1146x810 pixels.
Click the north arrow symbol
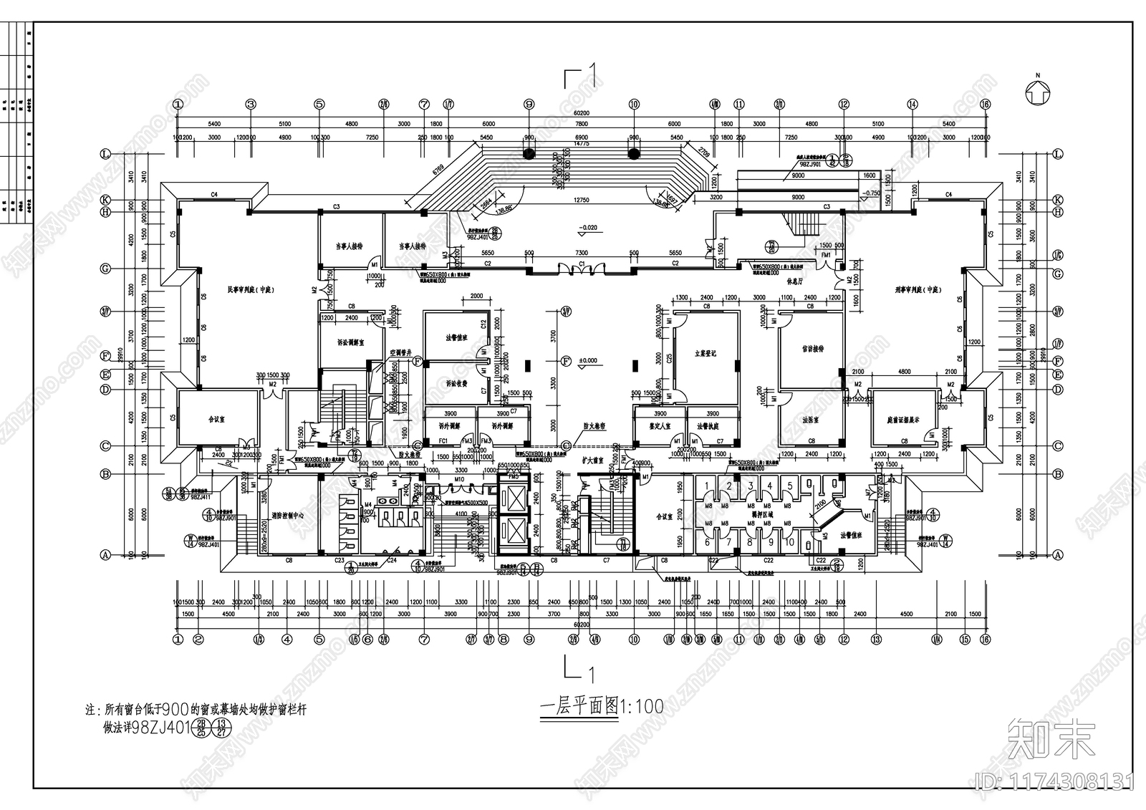point(1036,91)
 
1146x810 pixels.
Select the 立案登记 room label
point(705,353)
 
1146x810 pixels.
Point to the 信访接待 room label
point(812,349)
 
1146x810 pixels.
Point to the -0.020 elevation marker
point(588,228)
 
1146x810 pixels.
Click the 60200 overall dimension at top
point(581,113)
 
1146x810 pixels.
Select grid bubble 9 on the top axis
point(529,104)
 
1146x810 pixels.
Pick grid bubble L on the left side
point(106,154)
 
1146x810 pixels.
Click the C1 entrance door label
point(582,264)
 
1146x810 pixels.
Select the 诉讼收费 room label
point(456,383)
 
